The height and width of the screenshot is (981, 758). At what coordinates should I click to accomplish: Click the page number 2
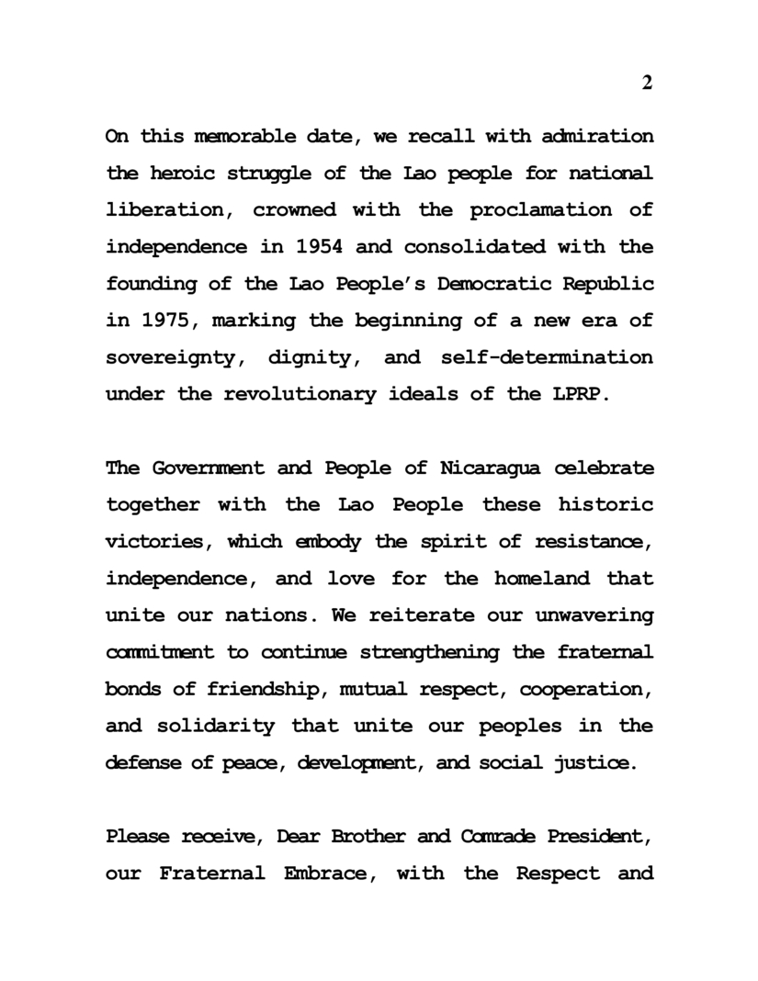[x=647, y=84]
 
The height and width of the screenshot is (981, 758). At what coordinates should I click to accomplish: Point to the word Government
[x=203, y=468]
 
